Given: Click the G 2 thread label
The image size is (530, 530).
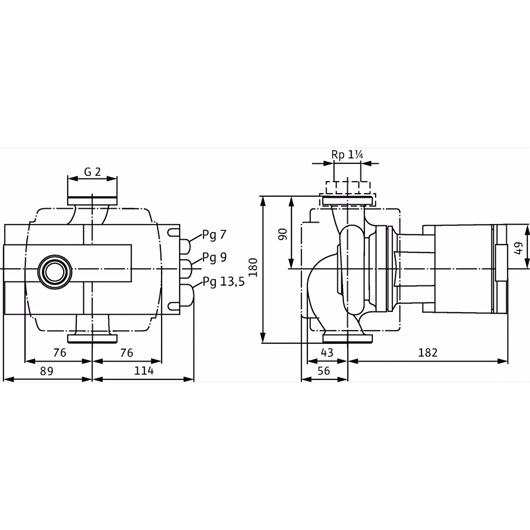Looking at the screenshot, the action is coord(92,172).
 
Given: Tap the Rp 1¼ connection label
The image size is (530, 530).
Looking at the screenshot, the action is coord(347,155).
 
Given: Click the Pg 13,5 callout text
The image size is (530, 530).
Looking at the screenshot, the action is coord(223,282).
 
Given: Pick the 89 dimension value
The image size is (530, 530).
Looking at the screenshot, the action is coord(47,371).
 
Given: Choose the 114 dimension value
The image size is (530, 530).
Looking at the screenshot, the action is coord(144,371).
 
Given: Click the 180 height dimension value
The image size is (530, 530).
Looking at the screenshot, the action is coord(253,268).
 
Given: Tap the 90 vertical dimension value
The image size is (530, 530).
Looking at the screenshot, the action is coord(283,234).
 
